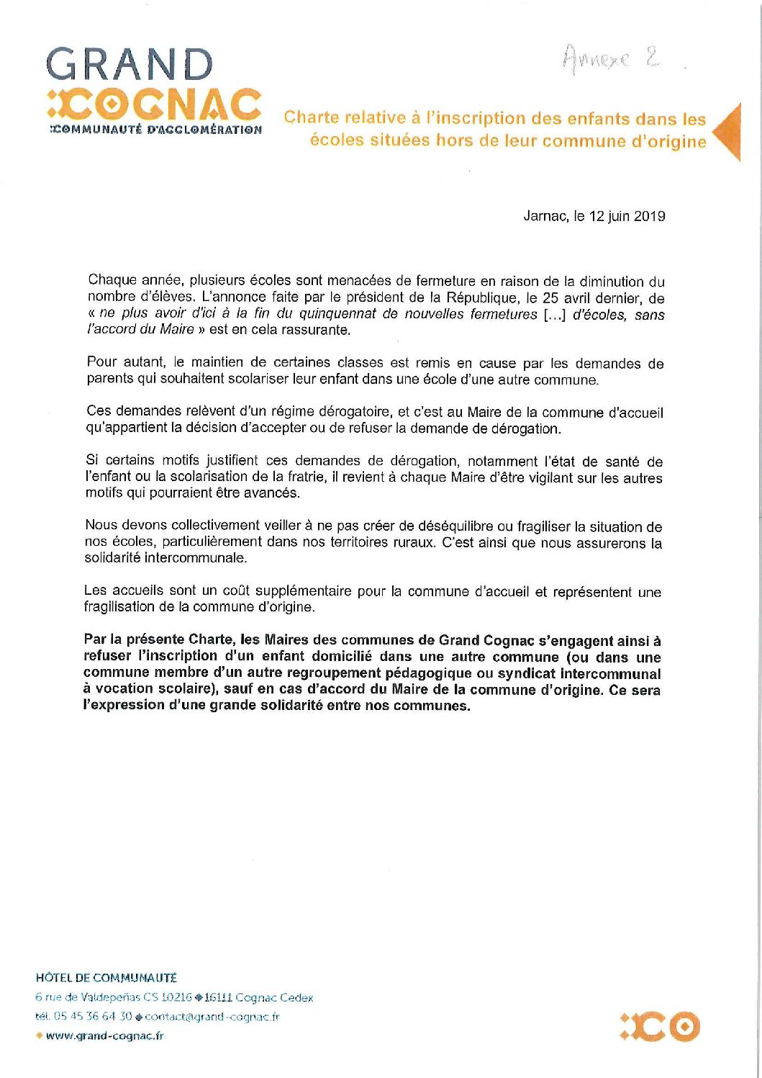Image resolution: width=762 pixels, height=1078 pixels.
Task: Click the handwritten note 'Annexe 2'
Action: point(612,58)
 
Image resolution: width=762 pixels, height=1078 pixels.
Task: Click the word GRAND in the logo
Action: point(130,66)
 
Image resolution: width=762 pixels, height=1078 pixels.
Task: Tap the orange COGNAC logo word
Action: point(154,105)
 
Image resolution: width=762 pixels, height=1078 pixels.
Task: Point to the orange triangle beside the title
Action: point(728,131)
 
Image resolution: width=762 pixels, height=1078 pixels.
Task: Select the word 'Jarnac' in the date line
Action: point(545,216)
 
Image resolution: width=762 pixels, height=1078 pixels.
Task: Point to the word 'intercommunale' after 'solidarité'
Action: point(195,558)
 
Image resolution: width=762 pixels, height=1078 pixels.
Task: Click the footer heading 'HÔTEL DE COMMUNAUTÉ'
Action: point(106,978)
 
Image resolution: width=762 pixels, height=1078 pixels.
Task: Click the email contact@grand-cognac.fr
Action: point(212,1017)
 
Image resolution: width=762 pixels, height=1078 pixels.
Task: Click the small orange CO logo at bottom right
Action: point(660,1027)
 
